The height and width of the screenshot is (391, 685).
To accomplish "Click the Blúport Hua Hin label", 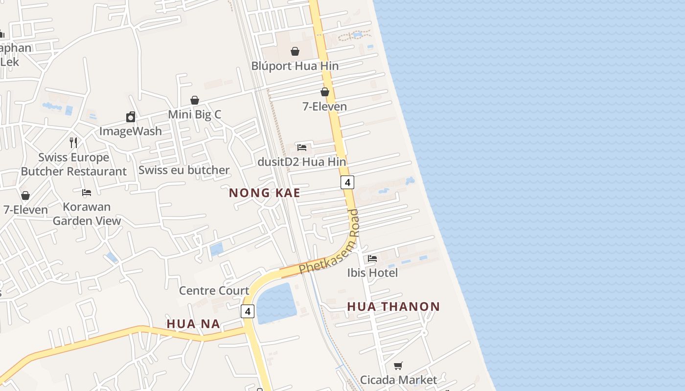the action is coord(295,66).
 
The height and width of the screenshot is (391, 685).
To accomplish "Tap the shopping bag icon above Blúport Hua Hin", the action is coord(295,51).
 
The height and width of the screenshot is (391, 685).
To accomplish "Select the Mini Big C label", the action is coord(194,114).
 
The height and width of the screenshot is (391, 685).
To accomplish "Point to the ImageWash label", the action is coord(130,131).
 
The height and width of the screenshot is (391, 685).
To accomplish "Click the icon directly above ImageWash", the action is coord(131,117).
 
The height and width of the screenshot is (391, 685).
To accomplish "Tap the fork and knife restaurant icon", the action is coord(73,143).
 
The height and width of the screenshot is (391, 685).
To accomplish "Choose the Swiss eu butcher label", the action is coord(183,170).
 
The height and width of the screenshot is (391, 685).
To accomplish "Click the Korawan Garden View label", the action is coord(87,214).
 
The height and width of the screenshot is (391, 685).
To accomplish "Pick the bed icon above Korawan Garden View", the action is coord(87,193).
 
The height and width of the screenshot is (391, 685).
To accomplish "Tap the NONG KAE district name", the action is coord(264,193).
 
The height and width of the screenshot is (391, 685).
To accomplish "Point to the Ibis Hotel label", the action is coord(372,273).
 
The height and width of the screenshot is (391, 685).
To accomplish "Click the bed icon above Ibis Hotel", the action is coord(372,258).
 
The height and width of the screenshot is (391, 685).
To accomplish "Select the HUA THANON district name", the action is coord(393,307).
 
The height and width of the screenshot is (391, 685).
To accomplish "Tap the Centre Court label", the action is coord(214,291).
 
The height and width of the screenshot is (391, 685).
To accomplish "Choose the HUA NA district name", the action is coord(193,324).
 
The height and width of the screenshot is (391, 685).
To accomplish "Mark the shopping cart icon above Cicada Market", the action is coord(398,366).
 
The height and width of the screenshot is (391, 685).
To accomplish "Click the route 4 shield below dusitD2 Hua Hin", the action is coord(347,182).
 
